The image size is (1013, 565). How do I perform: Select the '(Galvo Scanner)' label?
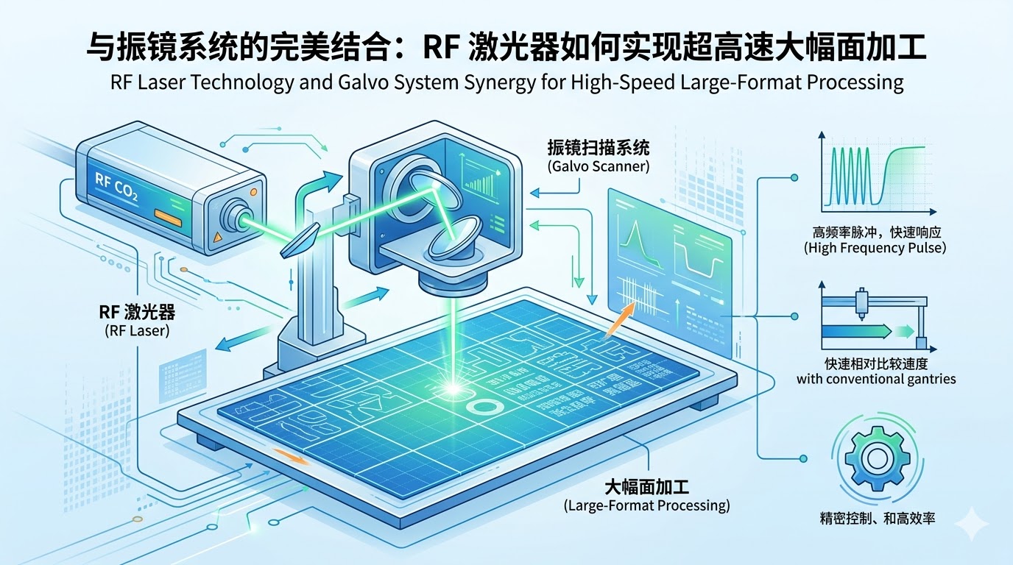599,166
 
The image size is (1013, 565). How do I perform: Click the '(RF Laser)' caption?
136,331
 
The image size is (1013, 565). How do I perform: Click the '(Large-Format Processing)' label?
646,505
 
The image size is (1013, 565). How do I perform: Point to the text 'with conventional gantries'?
876,380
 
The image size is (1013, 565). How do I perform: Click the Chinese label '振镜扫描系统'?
599,147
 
